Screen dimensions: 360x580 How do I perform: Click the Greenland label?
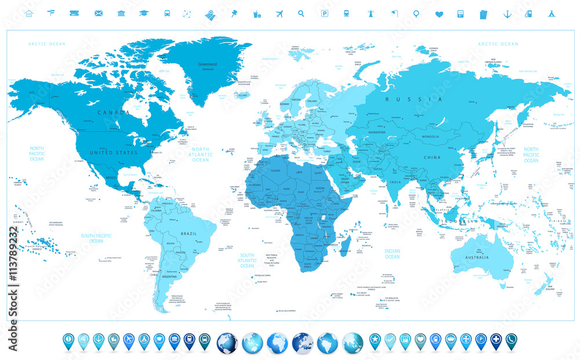[208, 64]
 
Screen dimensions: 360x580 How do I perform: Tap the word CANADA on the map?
[114, 112]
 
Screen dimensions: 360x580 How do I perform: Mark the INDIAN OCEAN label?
[392, 253]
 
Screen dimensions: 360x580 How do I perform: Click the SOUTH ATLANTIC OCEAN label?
[248, 260]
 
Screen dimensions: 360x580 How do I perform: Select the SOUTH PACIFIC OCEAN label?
[96, 238]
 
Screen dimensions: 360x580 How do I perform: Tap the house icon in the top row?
[29, 13]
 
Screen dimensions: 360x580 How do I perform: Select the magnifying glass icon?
[301, 13]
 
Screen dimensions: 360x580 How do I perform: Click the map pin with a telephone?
[511, 340]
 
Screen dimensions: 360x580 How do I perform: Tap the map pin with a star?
[375, 340]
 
